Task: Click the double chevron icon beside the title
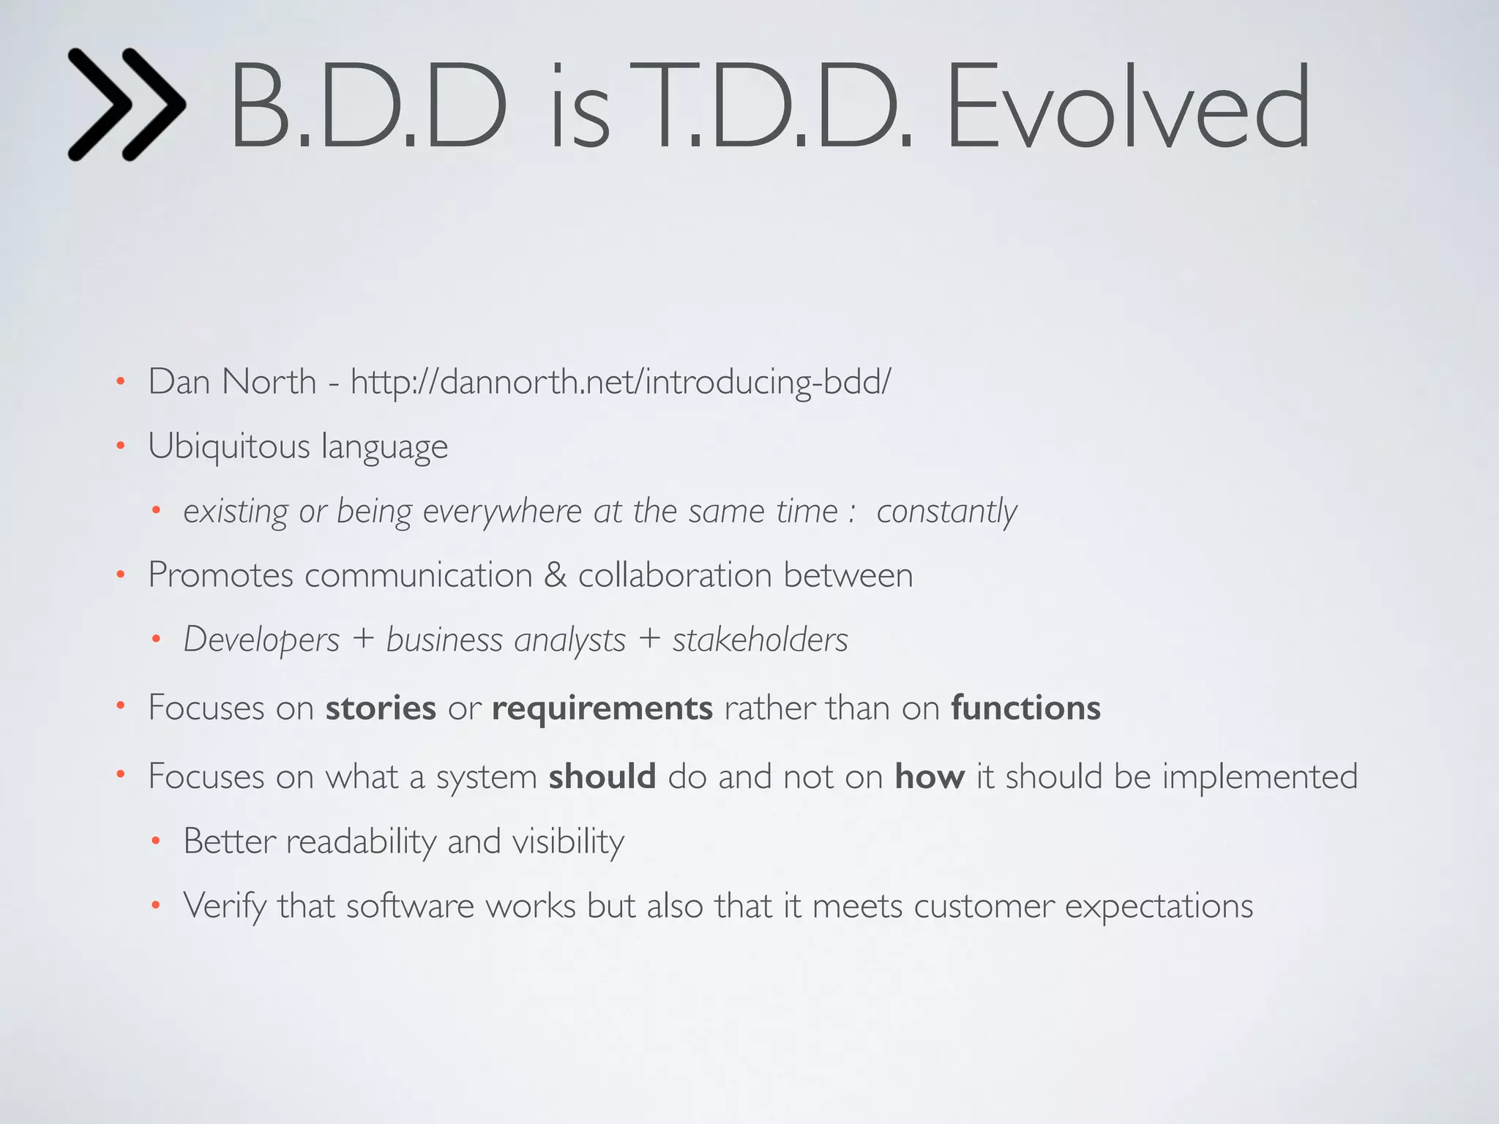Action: [126, 105]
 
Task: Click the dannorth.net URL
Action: [621, 382]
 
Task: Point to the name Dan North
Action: [232, 382]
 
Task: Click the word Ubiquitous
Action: [228, 446]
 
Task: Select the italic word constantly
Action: [946, 512]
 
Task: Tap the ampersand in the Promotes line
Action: [555, 575]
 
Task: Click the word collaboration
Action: [675, 575]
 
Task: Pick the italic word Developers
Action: [261, 640]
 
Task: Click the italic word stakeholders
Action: [760, 640]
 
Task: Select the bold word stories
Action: [381, 708]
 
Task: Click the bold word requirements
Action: [602, 708]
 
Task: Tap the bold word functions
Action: [1025, 708]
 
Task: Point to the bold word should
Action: [602, 776]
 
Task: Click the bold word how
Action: [930, 776]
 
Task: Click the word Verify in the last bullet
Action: [225, 907]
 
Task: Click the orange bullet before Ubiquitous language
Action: [121, 446]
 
